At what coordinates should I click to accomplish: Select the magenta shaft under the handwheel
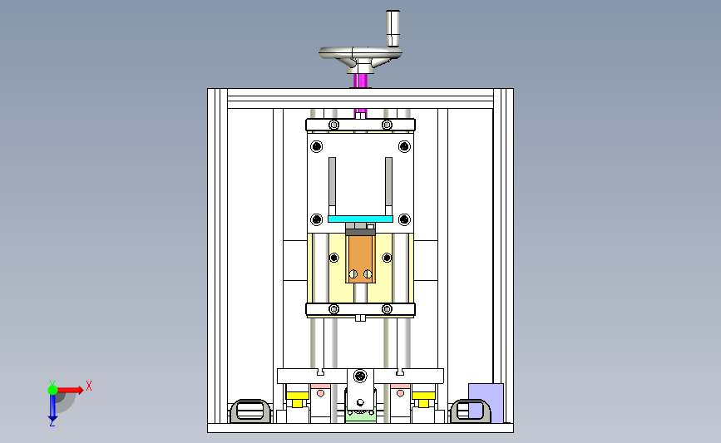361,81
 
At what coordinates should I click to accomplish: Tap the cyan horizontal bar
360,219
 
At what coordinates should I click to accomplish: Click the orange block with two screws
361,257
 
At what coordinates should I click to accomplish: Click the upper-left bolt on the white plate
316,148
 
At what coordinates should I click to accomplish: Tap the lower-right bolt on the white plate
404,219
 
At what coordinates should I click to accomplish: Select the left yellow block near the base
296,396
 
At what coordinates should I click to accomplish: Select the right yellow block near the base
424,396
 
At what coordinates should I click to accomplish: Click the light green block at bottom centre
360,415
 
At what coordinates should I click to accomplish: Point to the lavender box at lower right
486,401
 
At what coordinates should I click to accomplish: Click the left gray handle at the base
249,411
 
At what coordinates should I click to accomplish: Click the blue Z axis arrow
52,409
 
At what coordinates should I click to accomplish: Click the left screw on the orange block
353,273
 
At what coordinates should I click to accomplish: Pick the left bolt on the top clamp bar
333,126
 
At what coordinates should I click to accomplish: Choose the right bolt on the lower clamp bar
387,309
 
